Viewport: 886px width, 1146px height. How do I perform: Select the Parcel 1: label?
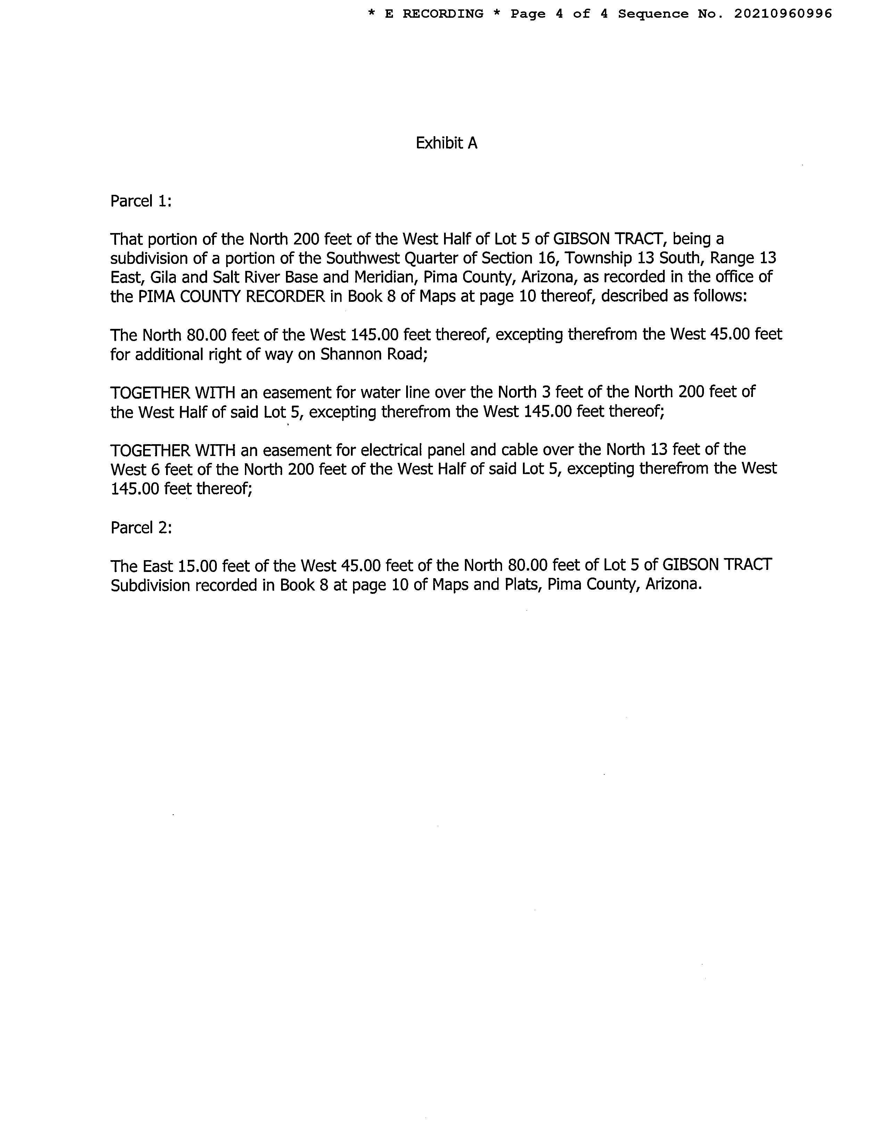click(141, 201)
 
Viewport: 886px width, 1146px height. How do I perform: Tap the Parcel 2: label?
click(141, 528)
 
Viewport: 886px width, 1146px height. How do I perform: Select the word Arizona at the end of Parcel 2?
click(673, 584)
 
